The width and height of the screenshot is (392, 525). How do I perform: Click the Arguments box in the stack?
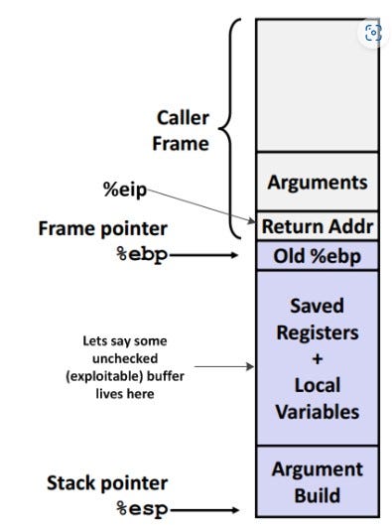coord(317,183)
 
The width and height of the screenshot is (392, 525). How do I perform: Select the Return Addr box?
coord(317,226)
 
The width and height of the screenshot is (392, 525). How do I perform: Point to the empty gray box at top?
coord(317,84)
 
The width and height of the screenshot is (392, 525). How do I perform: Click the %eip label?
coord(127,189)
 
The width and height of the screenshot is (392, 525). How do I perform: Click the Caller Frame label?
coord(182,130)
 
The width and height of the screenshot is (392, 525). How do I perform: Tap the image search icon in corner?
coord(372,33)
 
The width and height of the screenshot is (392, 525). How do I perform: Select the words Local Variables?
coord(317,397)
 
